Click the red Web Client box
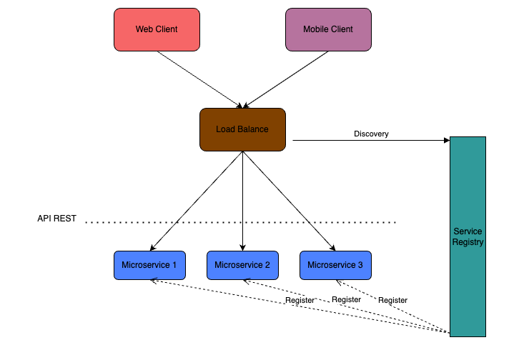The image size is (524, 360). point(157,29)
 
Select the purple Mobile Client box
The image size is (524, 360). point(328,29)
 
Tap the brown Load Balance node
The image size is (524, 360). point(242,129)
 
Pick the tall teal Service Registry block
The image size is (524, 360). point(468,236)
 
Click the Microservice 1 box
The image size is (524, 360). point(149,265)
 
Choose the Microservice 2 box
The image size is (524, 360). point(242,265)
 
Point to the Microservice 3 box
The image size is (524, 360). point(335,265)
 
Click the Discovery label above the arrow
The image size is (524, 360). point(371,134)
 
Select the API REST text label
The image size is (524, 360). point(56,219)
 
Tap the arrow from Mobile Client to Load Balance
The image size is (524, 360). point(286,78)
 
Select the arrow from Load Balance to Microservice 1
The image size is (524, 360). point(197,201)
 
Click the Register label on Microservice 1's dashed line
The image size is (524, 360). point(300,300)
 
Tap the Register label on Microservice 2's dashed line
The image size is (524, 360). point(346,299)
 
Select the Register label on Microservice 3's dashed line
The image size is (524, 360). point(392,300)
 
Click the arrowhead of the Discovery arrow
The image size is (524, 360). point(445,141)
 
